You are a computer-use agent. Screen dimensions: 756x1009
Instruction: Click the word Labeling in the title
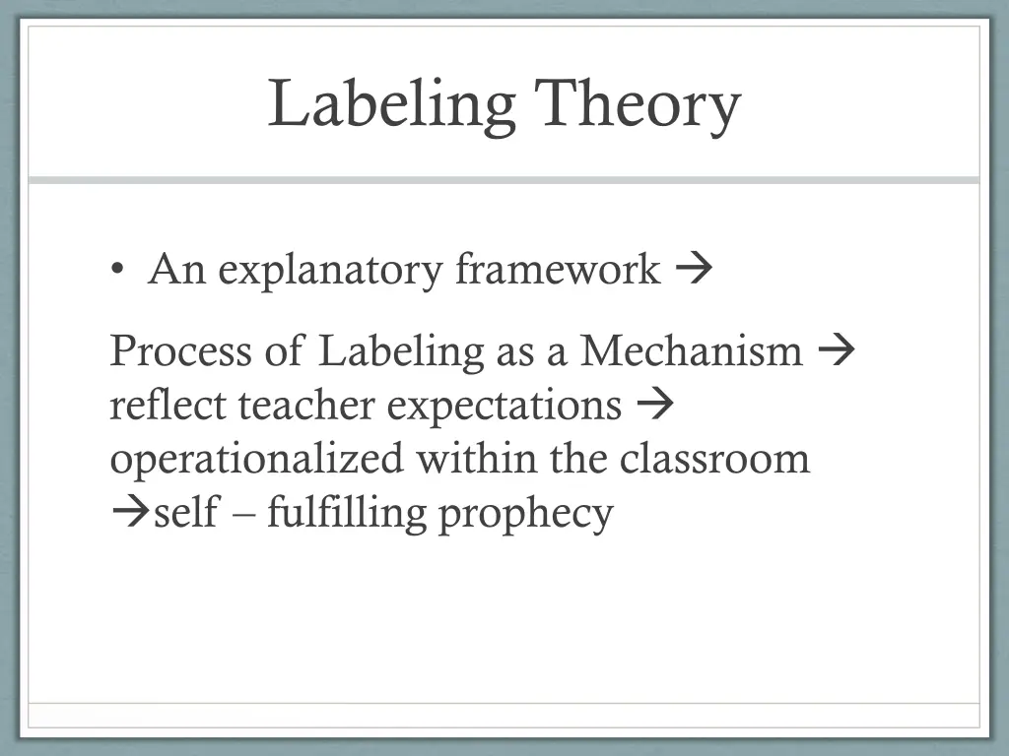pyautogui.click(x=392, y=105)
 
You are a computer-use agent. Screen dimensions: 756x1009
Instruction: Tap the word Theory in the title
pyautogui.click(x=638, y=105)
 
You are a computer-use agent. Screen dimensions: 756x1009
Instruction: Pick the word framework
pyautogui.click(x=558, y=269)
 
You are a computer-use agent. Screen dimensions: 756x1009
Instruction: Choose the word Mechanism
pyautogui.click(x=691, y=350)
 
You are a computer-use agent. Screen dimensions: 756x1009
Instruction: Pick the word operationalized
pyautogui.click(x=256, y=460)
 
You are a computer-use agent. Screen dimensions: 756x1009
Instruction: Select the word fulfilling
pyautogui.click(x=347, y=514)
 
